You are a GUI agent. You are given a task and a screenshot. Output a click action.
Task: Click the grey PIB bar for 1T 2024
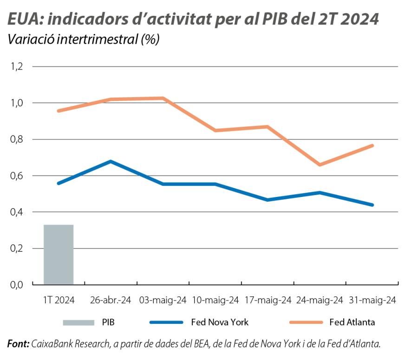59,254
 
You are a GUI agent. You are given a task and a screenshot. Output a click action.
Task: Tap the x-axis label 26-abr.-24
111,300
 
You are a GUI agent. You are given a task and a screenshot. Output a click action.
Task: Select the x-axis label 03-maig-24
163,300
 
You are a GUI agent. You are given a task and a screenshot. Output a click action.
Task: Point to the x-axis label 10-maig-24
216,300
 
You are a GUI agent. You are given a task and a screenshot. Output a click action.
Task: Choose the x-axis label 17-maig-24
268,300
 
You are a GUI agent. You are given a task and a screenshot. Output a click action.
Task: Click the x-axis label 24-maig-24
320,300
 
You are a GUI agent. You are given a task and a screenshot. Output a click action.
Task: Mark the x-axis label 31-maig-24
372,300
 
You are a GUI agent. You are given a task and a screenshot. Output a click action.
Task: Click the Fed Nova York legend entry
220,322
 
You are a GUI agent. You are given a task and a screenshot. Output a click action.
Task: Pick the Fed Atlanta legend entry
352,322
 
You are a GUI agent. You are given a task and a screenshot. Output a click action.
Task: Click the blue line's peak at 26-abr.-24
111,161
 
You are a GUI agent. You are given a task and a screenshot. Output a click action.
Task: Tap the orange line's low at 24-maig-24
320,165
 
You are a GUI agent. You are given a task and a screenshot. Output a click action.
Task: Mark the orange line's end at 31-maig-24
372,145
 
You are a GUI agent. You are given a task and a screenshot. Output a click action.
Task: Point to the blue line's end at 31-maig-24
372,205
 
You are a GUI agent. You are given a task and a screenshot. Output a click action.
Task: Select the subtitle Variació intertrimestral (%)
84,39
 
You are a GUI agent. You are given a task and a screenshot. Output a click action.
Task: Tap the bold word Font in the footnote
18,344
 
